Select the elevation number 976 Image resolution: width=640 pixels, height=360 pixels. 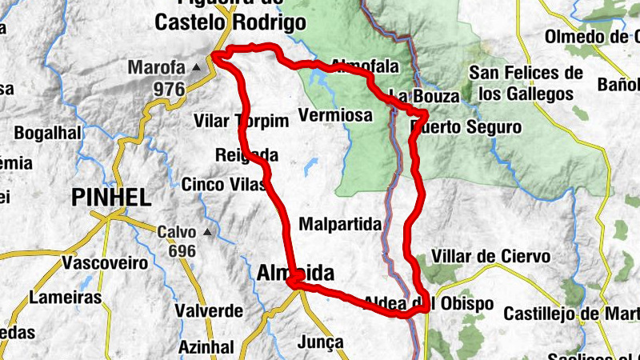click(169, 89)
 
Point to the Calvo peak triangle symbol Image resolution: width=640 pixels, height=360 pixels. click(208, 233)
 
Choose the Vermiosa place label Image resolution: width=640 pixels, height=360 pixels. click(335, 116)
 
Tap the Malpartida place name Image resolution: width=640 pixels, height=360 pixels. click(340, 224)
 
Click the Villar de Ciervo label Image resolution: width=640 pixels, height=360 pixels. click(490, 257)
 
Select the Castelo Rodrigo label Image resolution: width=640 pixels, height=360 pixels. click(230, 23)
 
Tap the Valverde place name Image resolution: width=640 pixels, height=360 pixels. click(209, 310)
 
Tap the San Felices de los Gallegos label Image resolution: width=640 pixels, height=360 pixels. click(526, 83)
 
